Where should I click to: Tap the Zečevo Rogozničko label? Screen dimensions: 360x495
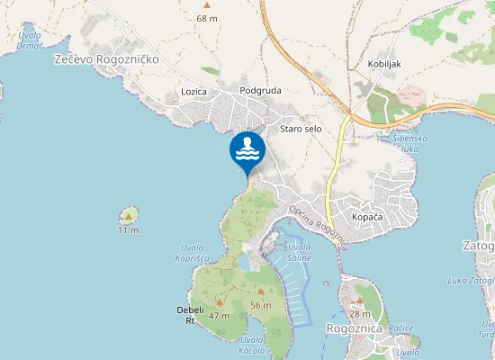coord(105,58)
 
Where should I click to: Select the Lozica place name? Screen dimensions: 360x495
coord(193,92)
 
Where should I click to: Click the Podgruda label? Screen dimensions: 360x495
coord(262,91)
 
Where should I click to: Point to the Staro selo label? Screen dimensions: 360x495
coord(301,130)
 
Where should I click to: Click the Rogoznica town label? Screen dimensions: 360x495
coord(355,329)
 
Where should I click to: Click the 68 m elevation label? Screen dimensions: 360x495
coord(207,18)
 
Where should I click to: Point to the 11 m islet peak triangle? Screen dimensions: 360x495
coord(130,216)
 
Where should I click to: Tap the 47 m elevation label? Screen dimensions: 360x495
coord(219,316)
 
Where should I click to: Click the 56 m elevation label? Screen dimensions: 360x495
coord(260,306)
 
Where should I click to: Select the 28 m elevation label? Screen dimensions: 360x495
coord(359,313)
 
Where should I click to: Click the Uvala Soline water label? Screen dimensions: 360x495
coord(300,253)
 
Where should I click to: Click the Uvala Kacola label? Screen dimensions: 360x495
coord(252,345)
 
